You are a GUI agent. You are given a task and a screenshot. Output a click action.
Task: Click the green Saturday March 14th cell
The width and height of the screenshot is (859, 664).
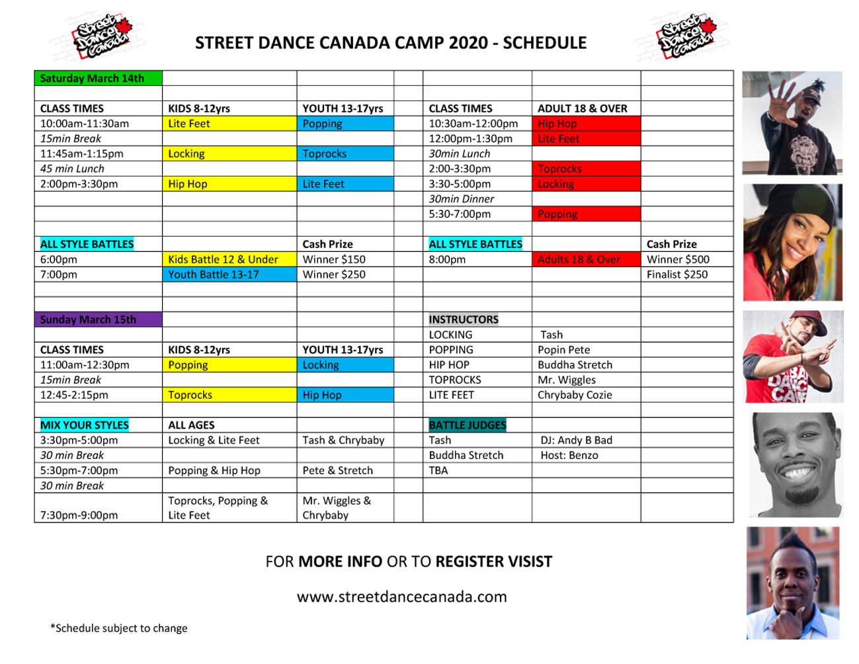(98, 78)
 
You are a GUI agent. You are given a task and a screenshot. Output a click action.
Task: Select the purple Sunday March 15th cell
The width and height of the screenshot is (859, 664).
(98, 319)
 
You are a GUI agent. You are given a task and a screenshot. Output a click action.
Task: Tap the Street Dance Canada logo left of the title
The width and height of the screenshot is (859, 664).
(99, 37)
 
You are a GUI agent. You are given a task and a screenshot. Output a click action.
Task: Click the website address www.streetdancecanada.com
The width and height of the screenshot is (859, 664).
(401, 597)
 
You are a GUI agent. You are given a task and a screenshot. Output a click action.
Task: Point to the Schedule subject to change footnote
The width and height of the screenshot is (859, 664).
(119, 628)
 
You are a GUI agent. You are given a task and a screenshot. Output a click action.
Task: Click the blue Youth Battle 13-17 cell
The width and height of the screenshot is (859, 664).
(229, 274)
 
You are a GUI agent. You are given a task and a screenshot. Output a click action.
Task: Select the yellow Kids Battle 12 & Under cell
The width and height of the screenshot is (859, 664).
(229, 259)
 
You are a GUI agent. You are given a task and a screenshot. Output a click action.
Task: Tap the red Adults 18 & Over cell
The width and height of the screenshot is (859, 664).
(587, 259)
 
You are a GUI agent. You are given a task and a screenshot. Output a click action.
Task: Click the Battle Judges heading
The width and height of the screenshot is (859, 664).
(468, 425)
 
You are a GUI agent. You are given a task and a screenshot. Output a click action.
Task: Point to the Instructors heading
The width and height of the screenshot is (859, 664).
(464, 319)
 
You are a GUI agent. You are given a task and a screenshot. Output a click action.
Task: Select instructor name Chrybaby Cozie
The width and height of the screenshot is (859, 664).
(575, 395)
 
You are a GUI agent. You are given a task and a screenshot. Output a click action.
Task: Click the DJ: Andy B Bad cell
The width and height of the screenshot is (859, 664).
(577, 440)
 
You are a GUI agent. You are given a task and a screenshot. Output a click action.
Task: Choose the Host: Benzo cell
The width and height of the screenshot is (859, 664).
(569, 455)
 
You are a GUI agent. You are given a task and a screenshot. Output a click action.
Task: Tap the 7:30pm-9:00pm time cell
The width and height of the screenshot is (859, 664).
(79, 515)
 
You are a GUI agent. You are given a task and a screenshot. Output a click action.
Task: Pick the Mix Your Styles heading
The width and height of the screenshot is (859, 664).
(84, 425)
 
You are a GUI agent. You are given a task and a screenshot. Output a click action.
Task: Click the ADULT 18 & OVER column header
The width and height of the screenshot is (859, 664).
(583, 108)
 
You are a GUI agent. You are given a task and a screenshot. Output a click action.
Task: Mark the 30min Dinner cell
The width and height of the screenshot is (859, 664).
(462, 199)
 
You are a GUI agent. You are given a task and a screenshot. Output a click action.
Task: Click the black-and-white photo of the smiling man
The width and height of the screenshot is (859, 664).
(796, 465)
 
